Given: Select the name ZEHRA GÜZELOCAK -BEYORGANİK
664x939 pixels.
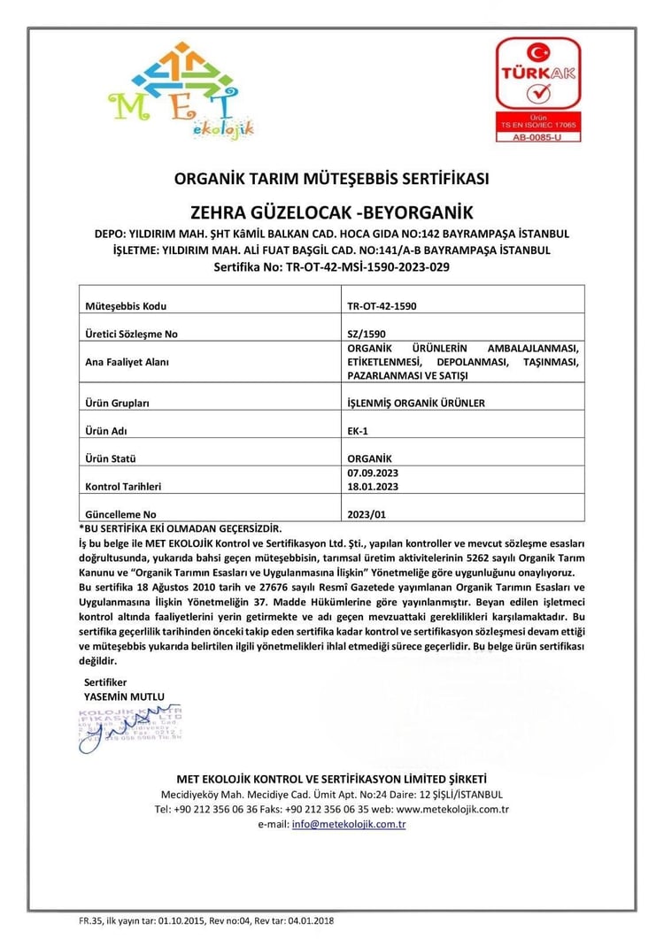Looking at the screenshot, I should pos(332,212).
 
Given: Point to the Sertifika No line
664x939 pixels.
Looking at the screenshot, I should pos(332,266).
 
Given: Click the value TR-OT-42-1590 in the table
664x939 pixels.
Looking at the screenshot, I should pos(382,306).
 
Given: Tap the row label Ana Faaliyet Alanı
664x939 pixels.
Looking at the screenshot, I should pos(127,362).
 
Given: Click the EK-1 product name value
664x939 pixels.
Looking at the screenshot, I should pos(359,430).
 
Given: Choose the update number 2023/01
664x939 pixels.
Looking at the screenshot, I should pos(367,513).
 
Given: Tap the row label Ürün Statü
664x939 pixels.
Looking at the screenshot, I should pos(115,458).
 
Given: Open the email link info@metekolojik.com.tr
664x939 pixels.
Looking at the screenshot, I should pos(349,824).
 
